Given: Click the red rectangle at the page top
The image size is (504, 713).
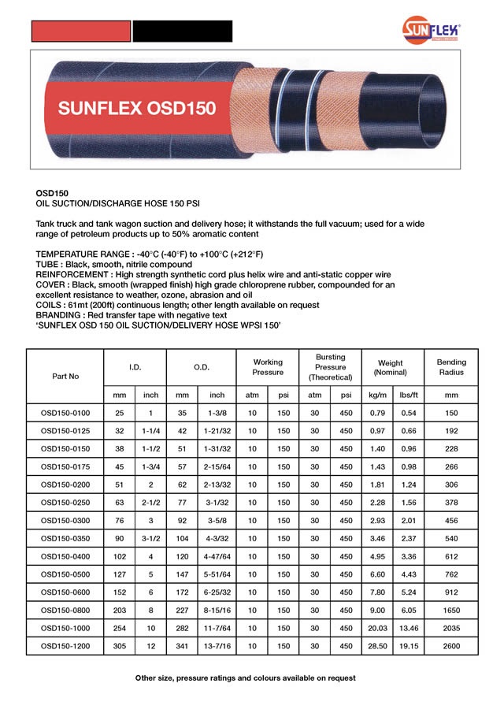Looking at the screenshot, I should click(80, 31).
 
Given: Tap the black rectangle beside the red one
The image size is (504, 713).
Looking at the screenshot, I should click(182, 31).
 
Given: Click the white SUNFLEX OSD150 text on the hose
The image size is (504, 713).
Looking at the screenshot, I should click(137, 109).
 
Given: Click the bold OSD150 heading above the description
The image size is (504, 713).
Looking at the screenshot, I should click(52, 191).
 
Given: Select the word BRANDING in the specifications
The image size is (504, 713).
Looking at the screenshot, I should click(62, 314).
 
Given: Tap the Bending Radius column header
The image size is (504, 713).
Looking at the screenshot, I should click(451, 366).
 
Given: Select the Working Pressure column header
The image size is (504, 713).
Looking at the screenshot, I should click(268, 366).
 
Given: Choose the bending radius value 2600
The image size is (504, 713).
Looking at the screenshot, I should click(451, 645).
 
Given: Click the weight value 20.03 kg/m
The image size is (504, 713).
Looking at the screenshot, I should click(377, 628).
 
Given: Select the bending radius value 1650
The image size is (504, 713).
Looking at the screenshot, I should click(451, 610).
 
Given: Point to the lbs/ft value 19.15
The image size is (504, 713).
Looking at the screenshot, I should click(408, 645).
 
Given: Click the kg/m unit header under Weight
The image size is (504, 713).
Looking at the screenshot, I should click(377, 394).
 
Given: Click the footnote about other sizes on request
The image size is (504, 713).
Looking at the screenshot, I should click(245, 678).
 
